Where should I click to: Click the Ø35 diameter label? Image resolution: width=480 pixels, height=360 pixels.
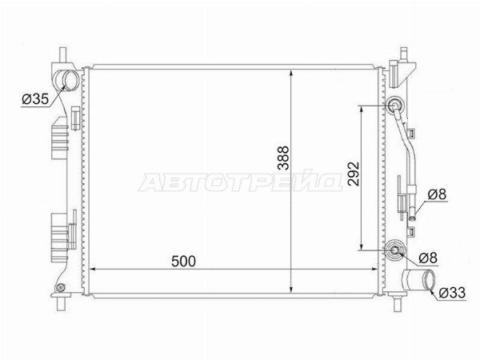point(35,99)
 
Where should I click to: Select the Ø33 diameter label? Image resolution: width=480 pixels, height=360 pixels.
point(452,293)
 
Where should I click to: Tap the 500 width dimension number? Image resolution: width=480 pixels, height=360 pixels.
point(183,261)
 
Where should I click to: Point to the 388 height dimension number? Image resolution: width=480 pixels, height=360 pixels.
point(283,158)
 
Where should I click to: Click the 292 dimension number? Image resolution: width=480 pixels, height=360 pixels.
point(354,174)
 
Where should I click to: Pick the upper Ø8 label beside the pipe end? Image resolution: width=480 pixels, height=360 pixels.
point(438,194)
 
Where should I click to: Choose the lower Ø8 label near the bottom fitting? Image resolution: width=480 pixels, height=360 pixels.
point(428,258)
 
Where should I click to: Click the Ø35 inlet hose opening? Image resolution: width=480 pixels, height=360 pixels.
point(71,79)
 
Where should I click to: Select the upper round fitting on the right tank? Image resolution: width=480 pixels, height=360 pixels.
point(394,106)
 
